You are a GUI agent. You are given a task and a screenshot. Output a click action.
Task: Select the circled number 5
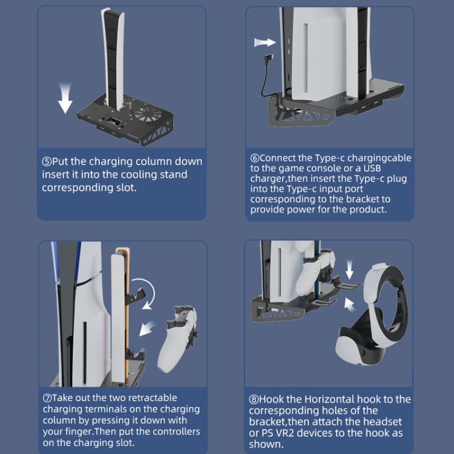tap(47, 162)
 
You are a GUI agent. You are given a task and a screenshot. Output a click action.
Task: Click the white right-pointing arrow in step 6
tap(265, 42)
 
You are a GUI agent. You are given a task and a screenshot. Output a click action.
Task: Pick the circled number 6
tap(255, 158)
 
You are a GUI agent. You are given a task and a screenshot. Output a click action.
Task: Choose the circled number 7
tap(47, 398)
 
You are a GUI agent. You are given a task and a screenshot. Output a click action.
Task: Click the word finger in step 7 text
tap(90, 432)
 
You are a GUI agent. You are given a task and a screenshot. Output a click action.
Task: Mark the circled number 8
tap(255, 399)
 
